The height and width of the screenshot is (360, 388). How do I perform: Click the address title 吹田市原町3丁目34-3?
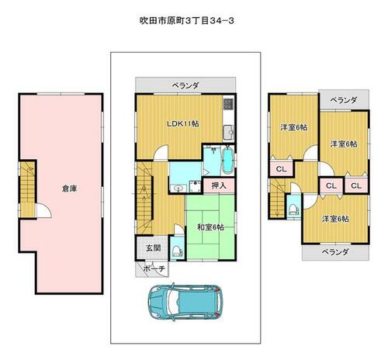187,21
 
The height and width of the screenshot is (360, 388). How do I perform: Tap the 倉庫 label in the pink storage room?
69,189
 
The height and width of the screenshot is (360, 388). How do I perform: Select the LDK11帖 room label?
183,123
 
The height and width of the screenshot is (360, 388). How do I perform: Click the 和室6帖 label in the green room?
210,227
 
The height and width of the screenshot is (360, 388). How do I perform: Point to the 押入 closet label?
219,185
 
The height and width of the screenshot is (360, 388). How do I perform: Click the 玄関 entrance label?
154,248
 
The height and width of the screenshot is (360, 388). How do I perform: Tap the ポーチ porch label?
154,268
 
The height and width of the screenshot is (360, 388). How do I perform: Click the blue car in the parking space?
185,302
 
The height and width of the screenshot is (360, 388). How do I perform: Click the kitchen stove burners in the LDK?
228,103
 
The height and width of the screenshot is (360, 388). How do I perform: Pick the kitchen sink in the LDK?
228,133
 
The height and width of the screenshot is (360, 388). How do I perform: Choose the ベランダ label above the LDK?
185,85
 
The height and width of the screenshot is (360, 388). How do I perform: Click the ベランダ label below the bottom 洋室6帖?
335,252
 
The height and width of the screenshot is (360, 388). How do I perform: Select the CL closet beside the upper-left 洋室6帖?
282,169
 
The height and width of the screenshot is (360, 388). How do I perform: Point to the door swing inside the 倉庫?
44,210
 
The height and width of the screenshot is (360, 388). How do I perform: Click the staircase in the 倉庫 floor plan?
27,189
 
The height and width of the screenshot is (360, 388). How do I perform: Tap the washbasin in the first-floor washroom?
178,188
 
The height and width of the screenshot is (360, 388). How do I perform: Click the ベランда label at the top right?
344,100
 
